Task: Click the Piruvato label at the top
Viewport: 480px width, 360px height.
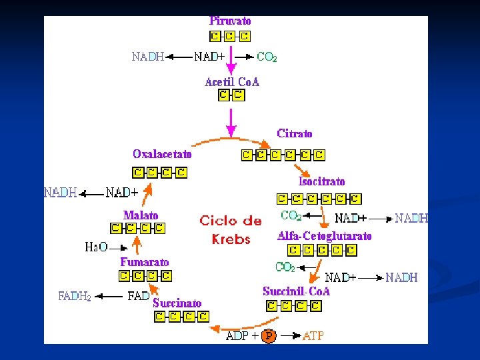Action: (230, 21)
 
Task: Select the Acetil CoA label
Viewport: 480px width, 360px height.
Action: (231, 82)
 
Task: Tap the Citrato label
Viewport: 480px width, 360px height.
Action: (294, 133)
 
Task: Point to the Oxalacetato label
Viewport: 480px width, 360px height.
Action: (162, 154)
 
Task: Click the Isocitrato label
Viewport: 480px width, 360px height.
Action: (321, 181)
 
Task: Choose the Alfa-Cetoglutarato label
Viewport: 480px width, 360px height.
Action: (324, 236)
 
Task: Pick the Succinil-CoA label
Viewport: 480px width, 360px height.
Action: (296, 291)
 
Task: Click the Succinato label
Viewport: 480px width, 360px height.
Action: (177, 303)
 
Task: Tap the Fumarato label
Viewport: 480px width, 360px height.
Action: (144, 262)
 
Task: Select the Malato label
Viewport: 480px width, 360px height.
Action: (141, 215)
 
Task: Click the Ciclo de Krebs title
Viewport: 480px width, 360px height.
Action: (231, 229)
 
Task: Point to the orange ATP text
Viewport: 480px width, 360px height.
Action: (313, 335)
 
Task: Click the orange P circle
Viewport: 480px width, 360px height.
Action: (268, 335)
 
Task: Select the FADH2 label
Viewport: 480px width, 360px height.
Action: (75, 296)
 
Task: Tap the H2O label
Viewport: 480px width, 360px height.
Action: (96, 247)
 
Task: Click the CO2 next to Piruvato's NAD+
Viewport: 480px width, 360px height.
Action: (267, 57)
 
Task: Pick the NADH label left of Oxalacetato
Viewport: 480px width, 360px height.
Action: (60, 193)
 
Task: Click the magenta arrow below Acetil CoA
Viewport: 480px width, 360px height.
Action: (231, 120)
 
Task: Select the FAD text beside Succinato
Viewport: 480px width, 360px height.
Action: (138, 296)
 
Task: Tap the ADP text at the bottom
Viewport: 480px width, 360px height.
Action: (237, 335)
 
